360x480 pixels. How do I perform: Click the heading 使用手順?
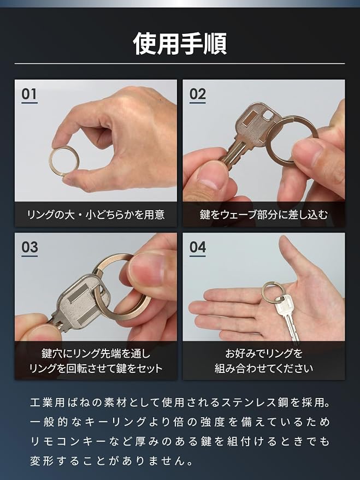(180, 44)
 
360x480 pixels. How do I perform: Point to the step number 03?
(29, 247)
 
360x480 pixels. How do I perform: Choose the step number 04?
(197, 247)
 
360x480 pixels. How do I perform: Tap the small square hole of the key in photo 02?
(268, 115)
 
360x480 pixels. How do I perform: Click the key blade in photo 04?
(291, 327)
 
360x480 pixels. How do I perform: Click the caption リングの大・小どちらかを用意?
(96, 214)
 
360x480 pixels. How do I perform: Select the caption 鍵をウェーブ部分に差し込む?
(263, 214)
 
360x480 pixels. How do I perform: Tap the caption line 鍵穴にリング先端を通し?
(96, 353)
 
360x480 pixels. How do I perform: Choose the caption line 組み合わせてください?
(263, 368)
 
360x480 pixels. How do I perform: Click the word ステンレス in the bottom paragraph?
(248, 402)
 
